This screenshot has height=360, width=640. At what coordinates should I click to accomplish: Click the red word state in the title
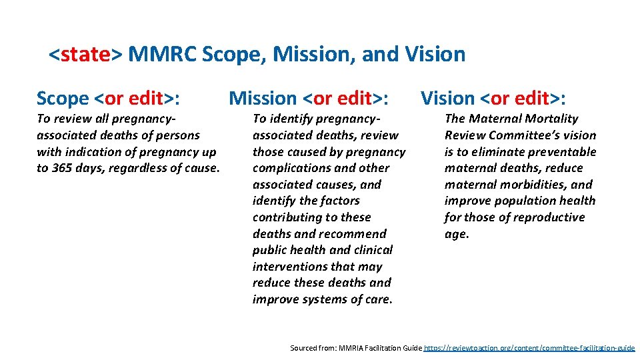[85, 54]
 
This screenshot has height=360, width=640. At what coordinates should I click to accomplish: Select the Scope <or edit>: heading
[110, 99]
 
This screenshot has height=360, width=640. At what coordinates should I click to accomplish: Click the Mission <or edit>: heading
[309, 99]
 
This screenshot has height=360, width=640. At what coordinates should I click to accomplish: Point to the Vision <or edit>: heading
[493, 99]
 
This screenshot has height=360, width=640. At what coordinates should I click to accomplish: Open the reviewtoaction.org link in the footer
[529, 348]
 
